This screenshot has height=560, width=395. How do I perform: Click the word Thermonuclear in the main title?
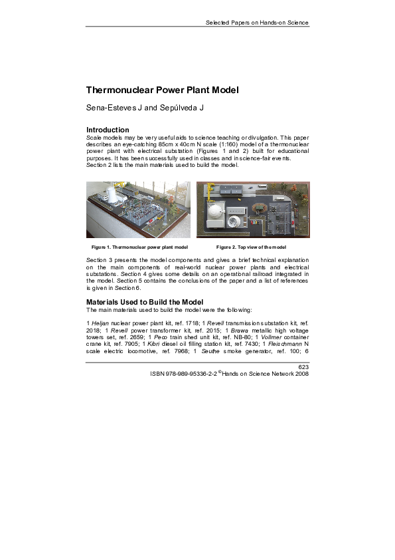point(118,90)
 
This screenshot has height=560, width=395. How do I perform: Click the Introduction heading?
point(108,130)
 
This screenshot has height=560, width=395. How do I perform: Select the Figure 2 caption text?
point(251,247)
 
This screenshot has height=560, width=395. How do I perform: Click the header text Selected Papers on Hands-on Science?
point(257,23)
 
